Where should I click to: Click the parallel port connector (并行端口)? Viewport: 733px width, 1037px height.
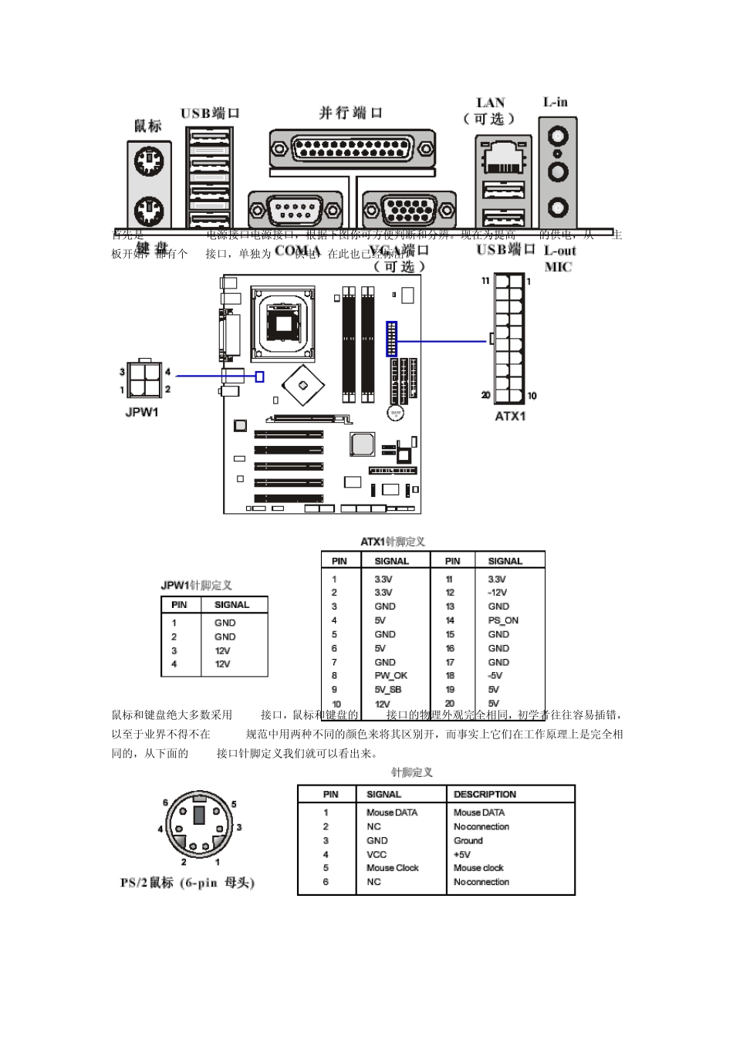(x=351, y=147)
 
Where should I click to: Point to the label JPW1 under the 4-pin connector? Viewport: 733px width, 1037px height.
(x=142, y=412)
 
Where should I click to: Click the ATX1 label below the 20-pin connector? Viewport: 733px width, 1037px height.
(x=510, y=417)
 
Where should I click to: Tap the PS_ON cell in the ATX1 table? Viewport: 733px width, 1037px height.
(x=503, y=620)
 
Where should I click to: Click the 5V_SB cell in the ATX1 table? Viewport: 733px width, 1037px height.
(x=388, y=690)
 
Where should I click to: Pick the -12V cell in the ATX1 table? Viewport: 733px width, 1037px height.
(x=498, y=593)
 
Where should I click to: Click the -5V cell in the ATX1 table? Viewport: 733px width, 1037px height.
(x=495, y=676)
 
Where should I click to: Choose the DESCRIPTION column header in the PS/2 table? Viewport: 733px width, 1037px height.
(x=485, y=794)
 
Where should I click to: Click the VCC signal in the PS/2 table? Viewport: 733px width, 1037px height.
(x=377, y=854)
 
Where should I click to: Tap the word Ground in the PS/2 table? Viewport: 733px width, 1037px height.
(x=468, y=840)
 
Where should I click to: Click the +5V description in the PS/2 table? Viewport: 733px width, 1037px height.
(x=462, y=854)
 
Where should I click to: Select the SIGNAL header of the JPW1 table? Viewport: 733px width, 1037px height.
(x=231, y=605)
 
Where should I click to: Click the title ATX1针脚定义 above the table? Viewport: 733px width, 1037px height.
(x=393, y=542)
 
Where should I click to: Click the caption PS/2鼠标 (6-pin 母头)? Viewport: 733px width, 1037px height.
(x=187, y=883)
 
